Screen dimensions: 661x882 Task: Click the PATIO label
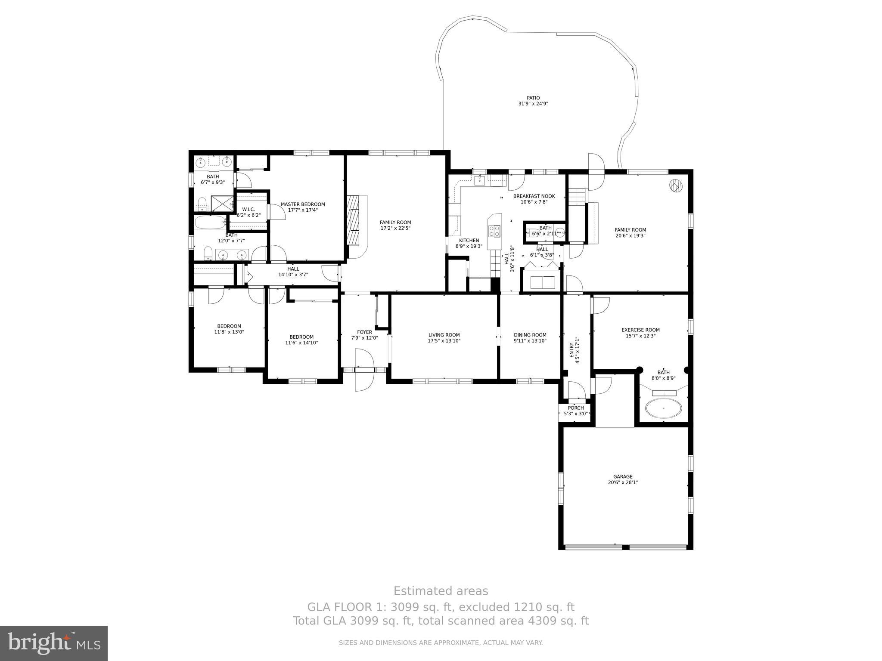[x=533, y=98]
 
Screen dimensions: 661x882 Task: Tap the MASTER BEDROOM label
[x=303, y=204]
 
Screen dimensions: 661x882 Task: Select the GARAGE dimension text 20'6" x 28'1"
[x=623, y=482]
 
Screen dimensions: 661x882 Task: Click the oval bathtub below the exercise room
[x=664, y=408]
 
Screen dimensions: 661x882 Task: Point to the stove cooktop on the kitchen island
[x=494, y=231]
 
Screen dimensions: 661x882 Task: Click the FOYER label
[x=364, y=332]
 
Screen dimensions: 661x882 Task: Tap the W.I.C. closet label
[x=248, y=209]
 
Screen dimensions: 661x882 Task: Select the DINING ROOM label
[x=530, y=335]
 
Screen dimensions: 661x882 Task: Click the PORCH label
[x=576, y=408]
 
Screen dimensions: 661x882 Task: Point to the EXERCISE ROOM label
[x=640, y=330]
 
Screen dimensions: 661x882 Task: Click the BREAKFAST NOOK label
[x=534, y=196]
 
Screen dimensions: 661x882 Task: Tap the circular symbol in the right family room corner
[x=676, y=186]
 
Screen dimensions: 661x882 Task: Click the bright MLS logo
[x=54, y=643]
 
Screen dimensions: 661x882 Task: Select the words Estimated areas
[x=441, y=591]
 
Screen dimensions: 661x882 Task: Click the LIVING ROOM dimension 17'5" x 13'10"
[x=444, y=341]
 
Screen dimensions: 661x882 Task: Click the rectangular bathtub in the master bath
[x=210, y=223]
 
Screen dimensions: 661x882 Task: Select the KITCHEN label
[x=469, y=241]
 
